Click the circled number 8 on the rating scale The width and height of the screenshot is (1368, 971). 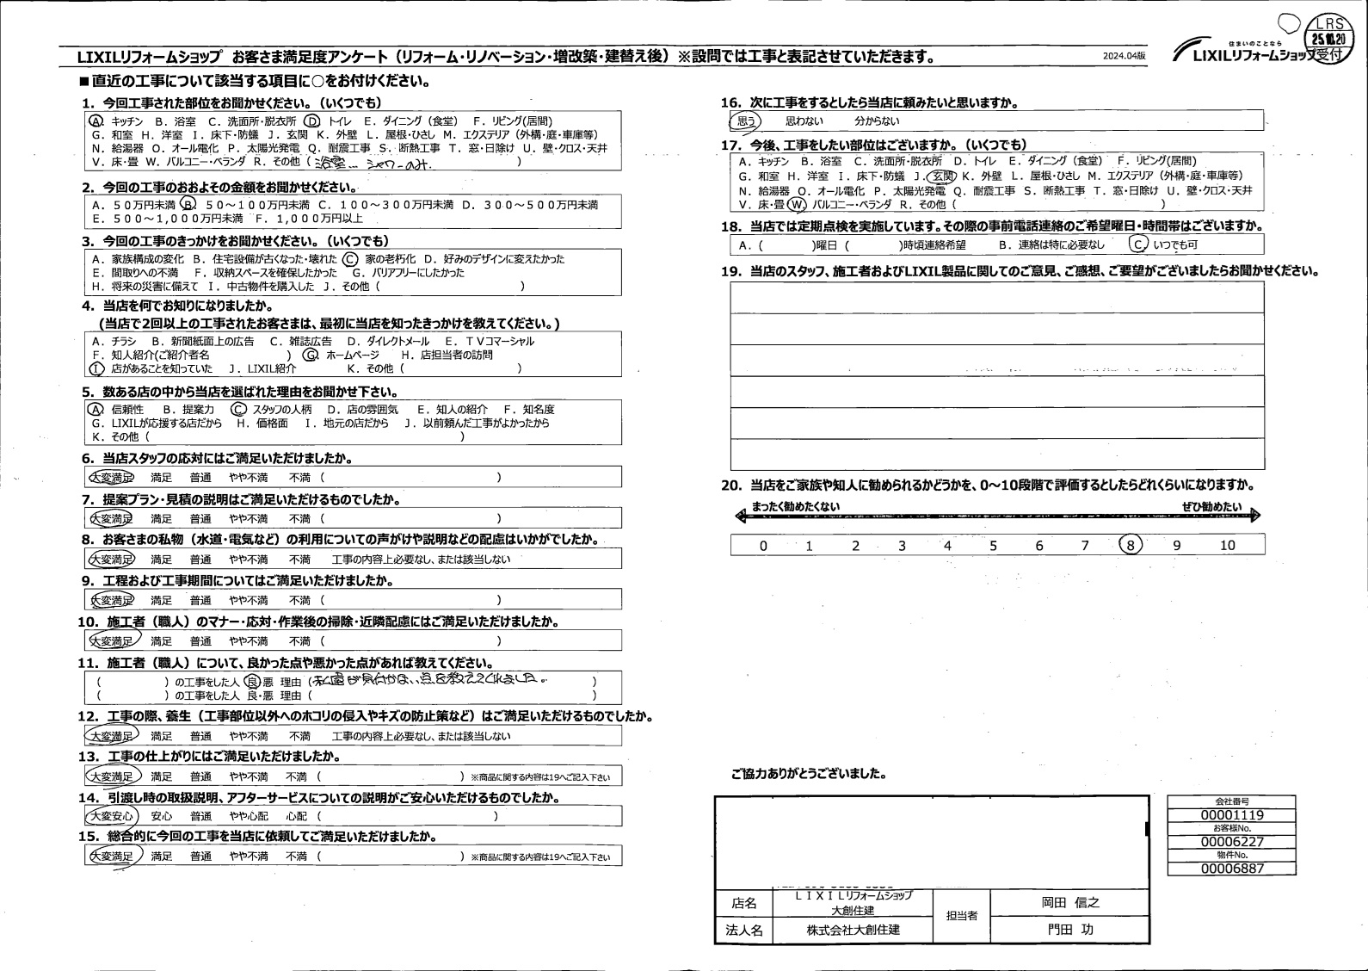(1131, 545)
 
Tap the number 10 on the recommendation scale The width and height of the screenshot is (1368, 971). (1227, 545)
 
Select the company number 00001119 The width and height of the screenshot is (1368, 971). (1231, 815)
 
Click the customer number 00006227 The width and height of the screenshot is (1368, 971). (1231, 842)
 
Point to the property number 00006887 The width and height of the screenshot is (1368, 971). (1231, 869)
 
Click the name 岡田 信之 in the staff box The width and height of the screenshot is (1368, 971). (1070, 902)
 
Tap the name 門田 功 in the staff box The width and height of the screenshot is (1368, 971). (1070, 930)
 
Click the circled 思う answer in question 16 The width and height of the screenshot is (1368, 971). (746, 121)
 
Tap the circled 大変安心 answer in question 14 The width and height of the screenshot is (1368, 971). (111, 816)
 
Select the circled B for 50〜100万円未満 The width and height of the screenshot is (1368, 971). (188, 205)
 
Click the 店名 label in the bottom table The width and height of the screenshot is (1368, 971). (743, 903)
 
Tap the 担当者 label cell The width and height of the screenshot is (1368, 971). (961, 916)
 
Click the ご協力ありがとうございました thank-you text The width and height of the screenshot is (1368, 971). (808, 774)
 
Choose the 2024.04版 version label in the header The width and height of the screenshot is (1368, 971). (1124, 55)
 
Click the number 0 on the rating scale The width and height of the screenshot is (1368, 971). (763, 545)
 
